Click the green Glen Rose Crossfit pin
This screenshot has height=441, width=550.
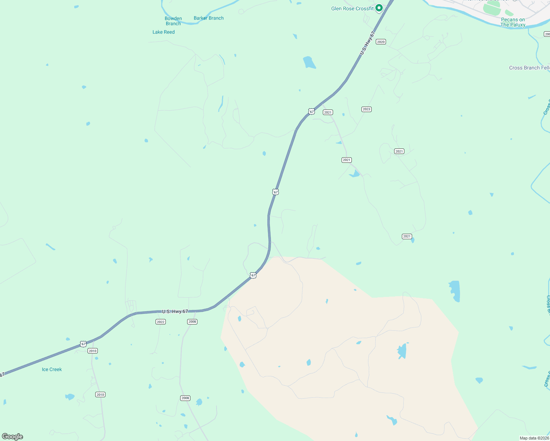pos(379,8)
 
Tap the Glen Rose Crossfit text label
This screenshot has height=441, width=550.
pos(352,8)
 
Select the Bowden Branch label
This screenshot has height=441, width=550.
pos(173,21)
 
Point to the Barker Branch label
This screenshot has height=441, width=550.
pos(208,18)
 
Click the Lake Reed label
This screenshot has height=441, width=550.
pos(164,32)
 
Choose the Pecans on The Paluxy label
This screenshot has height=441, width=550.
pos(513,22)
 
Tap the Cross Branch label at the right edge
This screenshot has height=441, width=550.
pos(529,68)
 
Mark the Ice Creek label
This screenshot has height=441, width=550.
pos(52,369)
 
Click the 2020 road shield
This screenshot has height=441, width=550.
pos(381,42)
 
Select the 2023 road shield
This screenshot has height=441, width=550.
pos(366,109)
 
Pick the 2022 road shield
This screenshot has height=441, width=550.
pos(160,322)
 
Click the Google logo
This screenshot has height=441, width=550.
pos(12,437)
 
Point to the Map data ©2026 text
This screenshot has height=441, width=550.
pos(534,438)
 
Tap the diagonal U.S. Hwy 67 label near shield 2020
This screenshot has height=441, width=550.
pos(367,43)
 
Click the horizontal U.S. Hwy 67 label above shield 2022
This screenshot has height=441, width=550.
pos(175,312)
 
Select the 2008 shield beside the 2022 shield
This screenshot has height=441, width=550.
pos(192,322)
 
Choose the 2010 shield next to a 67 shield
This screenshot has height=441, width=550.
pos(92,351)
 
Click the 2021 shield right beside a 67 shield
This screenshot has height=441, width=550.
pos(328,112)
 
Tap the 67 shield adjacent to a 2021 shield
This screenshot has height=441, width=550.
pos(312,112)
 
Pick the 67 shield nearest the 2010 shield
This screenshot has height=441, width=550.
pos(83,344)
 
